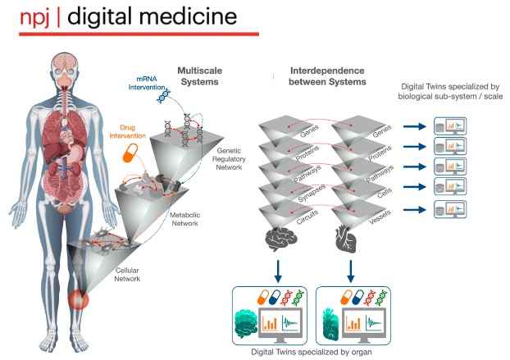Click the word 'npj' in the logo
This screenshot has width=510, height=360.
pyautogui.click(x=35, y=18)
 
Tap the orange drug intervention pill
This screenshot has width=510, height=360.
pyautogui.click(x=130, y=153)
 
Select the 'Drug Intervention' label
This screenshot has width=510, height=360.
pyautogui.click(x=128, y=132)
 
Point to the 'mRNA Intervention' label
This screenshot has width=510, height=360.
pyautogui.click(x=147, y=83)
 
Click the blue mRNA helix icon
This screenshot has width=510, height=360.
pyautogui.click(x=163, y=96)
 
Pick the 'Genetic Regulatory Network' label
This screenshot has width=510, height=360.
pyautogui.click(x=229, y=159)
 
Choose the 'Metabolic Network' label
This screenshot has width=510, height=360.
pyautogui.click(x=184, y=219)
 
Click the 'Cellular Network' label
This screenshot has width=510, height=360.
pyautogui.click(x=127, y=275)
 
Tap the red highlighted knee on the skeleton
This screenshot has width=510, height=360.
pyautogui.click(x=78, y=299)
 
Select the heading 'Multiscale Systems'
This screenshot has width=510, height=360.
pyautogui.click(x=200, y=76)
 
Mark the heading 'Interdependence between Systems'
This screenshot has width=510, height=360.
pyautogui.click(x=327, y=76)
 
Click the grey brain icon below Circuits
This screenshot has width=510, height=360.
pyautogui.click(x=281, y=239)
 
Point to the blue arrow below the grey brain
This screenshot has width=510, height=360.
pyautogui.click(x=278, y=271)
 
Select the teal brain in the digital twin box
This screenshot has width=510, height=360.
pyautogui.click(x=246, y=324)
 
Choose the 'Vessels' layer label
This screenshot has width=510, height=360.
pyautogui.click(x=380, y=217)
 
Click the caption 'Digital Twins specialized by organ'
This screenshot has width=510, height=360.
pyautogui.click(x=312, y=352)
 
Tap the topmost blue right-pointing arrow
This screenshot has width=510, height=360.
pyautogui.click(x=415, y=126)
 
